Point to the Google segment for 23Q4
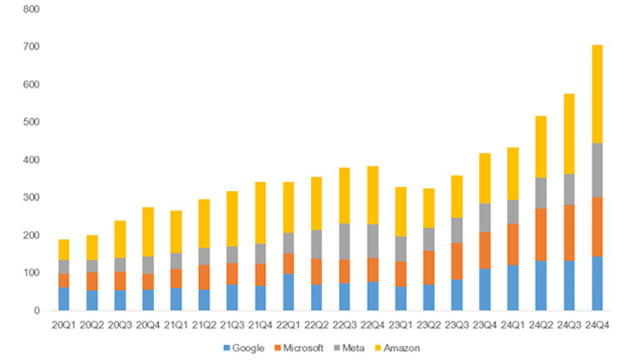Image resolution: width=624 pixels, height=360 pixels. (484, 289)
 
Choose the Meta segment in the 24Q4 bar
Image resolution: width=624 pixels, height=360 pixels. (597, 170)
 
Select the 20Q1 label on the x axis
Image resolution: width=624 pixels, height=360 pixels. (63, 322)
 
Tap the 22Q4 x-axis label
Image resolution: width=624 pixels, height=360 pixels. (372, 322)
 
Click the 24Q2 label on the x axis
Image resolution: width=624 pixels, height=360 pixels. (541, 322)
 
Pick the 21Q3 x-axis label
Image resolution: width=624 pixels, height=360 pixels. (231, 322)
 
